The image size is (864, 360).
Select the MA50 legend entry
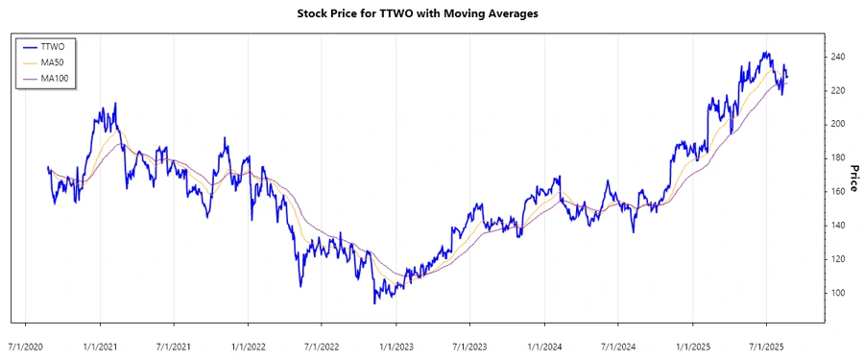point(53,62)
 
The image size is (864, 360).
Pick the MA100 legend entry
point(55,79)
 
